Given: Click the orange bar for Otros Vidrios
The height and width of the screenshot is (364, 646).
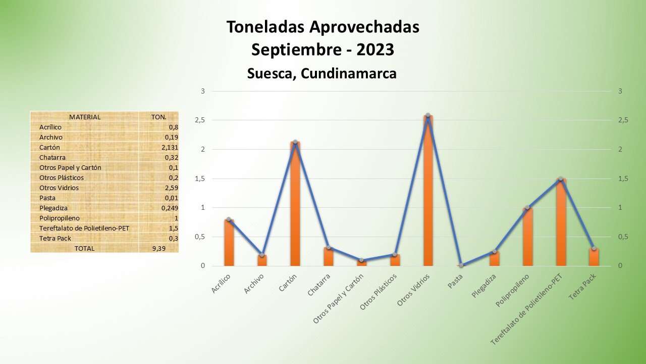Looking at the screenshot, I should pyautogui.click(x=428, y=192).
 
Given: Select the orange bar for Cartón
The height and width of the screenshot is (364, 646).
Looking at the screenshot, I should pyautogui.click(x=295, y=205).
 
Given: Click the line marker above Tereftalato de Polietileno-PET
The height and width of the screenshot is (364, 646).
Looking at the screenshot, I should pyautogui.click(x=561, y=178).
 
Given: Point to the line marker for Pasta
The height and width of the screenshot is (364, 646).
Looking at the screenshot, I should pyautogui.click(x=461, y=265).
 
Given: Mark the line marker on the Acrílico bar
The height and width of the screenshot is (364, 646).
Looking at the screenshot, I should pyautogui.click(x=229, y=219).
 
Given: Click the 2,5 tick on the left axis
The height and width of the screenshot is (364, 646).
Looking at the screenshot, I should pyautogui.click(x=200, y=120).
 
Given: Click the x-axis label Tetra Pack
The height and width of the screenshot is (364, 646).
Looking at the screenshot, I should pyautogui.click(x=582, y=287).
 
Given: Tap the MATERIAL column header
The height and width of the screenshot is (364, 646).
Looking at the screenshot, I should pyautogui.click(x=85, y=117).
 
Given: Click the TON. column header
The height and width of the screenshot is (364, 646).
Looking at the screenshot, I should pyautogui.click(x=158, y=117).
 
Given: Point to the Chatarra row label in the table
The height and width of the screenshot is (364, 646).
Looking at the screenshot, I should pyautogui.click(x=52, y=157).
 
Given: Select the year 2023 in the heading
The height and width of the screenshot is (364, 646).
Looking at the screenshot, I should pyautogui.click(x=375, y=50).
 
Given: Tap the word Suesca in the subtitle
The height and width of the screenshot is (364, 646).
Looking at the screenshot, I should pyautogui.click(x=271, y=73).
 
